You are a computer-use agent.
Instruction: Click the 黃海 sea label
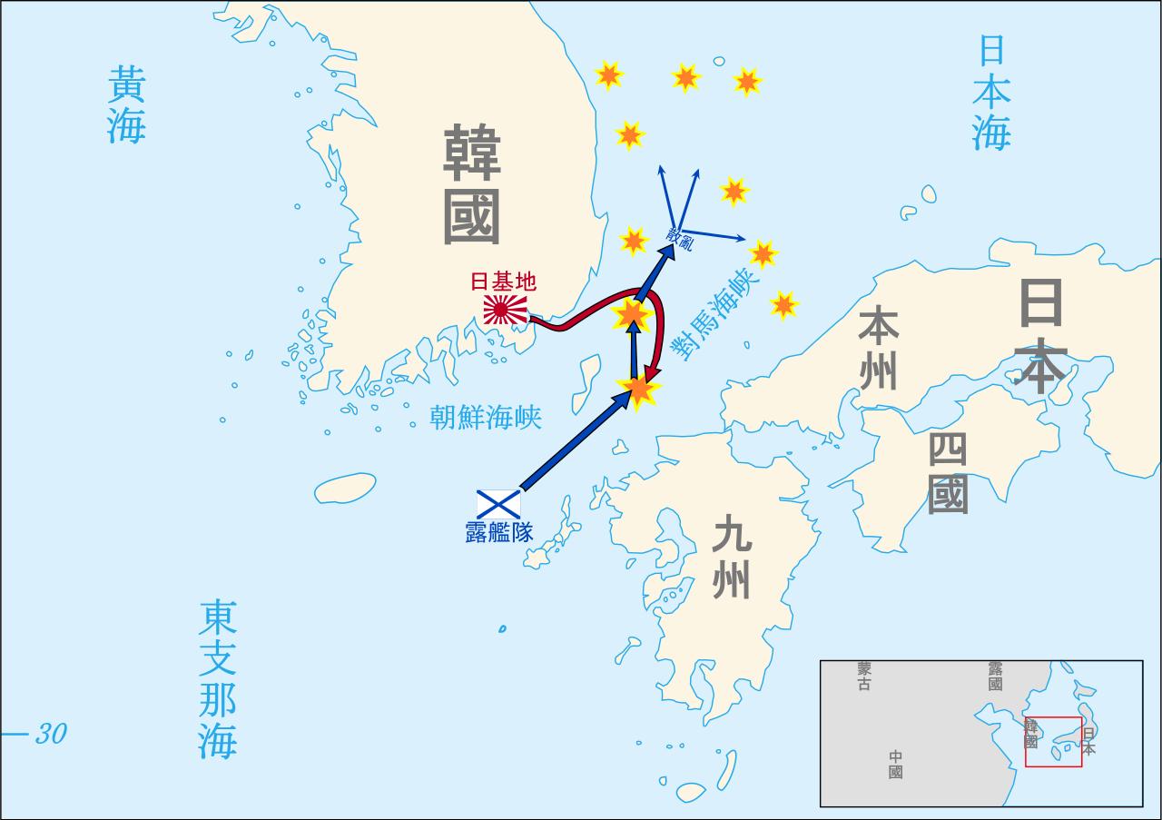pyautogui.click(x=126, y=104)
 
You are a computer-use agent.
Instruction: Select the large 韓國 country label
pyautogui.click(x=471, y=185)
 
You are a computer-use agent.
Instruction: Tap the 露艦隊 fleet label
pyautogui.click(x=498, y=532)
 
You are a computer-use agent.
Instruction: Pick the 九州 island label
pyautogui.click(x=731, y=558)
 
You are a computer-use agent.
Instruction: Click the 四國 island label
pyautogui.click(x=948, y=473)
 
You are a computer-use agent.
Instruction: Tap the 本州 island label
pyautogui.click(x=878, y=348)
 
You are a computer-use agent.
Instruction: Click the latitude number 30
pyautogui.click(x=51, y=734)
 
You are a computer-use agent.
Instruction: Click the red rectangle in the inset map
pyautogui.click(x=1053, y=742)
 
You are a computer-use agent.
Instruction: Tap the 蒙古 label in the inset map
pyautogui.click(x=863, y=676)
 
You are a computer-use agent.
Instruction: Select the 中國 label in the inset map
pyautogui.click(x=895, y=765)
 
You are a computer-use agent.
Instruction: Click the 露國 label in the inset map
pyautogui.click(x=995, y=676)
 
